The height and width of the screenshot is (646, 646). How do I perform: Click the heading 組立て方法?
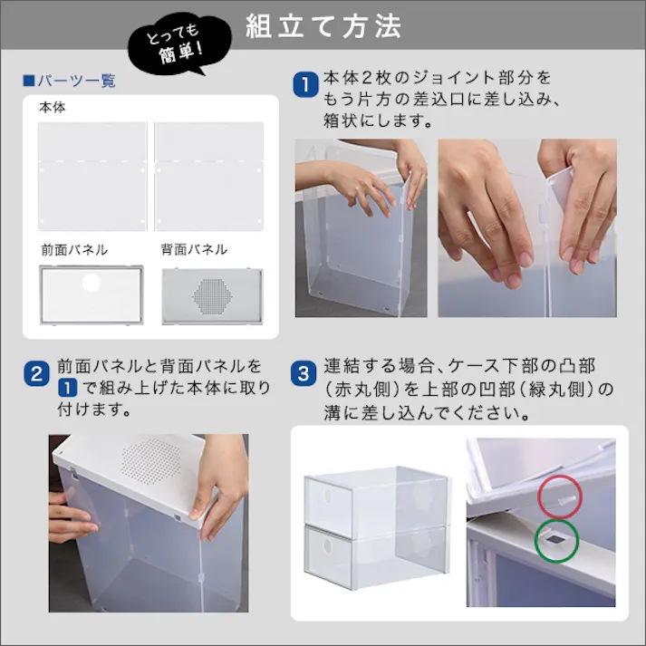pyautogui.click(x=323, y=27)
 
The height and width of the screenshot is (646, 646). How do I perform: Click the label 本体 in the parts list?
pyautogui.click(x=52, y=107)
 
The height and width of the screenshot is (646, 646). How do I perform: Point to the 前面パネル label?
pyautogui.click(x=73, y=249)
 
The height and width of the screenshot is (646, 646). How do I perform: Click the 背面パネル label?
pyautogui.click(x=194, y=249)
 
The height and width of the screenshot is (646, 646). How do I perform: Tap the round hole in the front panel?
pyautogui.click(x=92, y=284)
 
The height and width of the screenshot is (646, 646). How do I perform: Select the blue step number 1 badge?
pyautogui.click(x=306, y=86)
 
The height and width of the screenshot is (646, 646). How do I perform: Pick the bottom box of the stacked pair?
pyautogui.click(x=376, y=554)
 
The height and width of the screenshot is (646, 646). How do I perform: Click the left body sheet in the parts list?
pyautogui.click(x=92, y=176)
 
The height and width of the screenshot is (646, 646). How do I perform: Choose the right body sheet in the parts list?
pyautogui.click(x=209, y=176)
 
